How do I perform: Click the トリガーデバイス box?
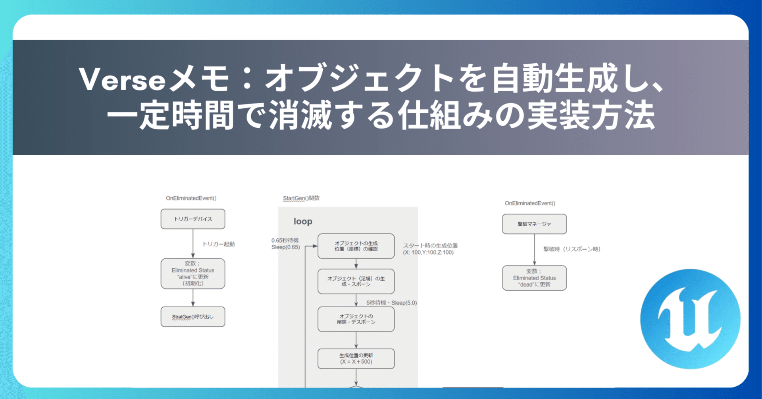pos(193,219)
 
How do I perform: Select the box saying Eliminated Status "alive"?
pos(193,274)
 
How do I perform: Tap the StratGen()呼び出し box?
pos(193,316)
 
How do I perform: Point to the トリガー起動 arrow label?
pos(218,244)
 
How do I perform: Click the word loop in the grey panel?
pos(303,222)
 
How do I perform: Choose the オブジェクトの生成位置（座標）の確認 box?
pos(356,246)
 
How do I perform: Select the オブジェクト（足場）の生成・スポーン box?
pos(356,281)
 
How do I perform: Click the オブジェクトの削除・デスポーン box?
pos(356,319)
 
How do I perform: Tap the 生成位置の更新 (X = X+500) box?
pos(356,359)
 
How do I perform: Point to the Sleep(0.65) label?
pos(285,247)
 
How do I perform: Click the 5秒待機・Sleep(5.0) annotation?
pos(391,303)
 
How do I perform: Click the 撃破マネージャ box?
pos(534,224)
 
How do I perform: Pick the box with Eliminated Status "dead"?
pos(534,278)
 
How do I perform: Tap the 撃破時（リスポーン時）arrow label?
pos(571,249)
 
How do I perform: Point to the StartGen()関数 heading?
pos(301,198)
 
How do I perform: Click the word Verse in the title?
pos(122,79)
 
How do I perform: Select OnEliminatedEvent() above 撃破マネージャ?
pos(530,203)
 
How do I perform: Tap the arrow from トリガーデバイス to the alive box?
pos(193,244)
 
